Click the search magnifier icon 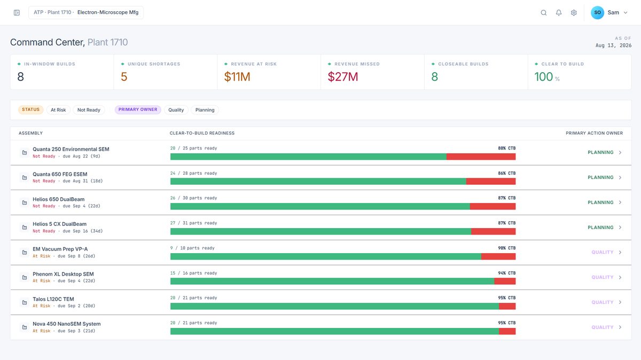[x=543, y=13]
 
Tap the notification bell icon [x=559, y=13]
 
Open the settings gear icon [x=574, y=13]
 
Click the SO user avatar [x=597, y=13]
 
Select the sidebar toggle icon [x=17, y=13]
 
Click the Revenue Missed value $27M [x=343, y=77]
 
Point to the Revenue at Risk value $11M [x=237, y=77]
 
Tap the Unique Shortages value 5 [x=124, y=77]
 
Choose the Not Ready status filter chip [x=89, y=110]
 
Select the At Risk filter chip [x=58, y=110]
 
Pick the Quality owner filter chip [x=176, y=110]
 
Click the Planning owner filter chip [x=205, y=110]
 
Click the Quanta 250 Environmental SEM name [x=71, y=149]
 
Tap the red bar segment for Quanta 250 [x=481, y=156]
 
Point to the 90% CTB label [x=507, y=248]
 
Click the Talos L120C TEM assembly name [x=53, y=299]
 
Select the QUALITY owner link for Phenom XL [x=603, y=277]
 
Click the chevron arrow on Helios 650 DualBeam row [x=620, y=202]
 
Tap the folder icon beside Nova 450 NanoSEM [x=25, y=327]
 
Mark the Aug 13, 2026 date [x=613, y=45]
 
